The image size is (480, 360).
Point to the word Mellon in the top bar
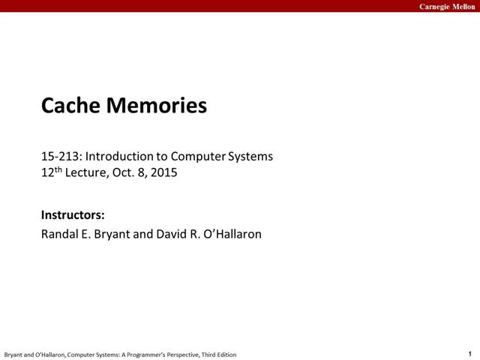[x=463, y=6]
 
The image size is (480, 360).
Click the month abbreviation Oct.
[x=125, y=173]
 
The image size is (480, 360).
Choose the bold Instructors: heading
[x=72, y=216]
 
